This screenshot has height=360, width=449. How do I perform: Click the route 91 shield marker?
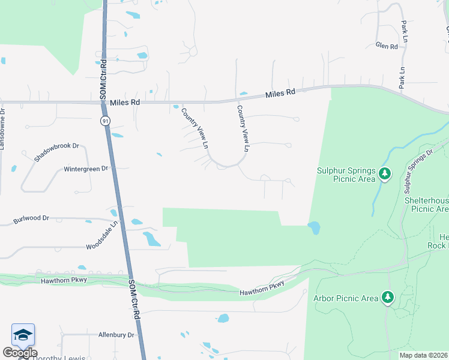pyautogui.click(x=106, y=121)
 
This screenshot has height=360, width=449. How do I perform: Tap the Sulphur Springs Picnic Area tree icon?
pyautogui.click(x=385, y=175)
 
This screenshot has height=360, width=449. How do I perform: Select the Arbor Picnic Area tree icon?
pyautogui.click(x=388, y=297)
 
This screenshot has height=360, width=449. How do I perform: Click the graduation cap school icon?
pyautogui.click(x=23, y=335)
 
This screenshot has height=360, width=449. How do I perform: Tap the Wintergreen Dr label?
pyautogui.click(x=86, y=169)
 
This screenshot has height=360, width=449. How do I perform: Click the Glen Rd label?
pyautogui.click(x=387, y=46)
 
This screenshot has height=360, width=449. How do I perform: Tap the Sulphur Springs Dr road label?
pyautogui.click(x=418, y=168)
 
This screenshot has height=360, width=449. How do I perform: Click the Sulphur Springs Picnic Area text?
pyautogui.click(x=345, y=174)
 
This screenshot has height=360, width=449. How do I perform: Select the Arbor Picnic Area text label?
pyautogui.click(x=346, y=298)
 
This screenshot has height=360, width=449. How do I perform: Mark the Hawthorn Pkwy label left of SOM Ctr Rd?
pyautogui.click(x=64, y=280)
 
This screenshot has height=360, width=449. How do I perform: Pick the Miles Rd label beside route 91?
pyautogui.click(x=125, y=103)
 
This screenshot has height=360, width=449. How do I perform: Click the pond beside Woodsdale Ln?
pyautogui.click(x=151, y=239)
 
